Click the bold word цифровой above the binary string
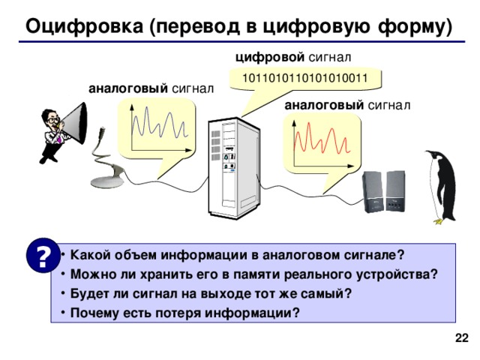(269, 56)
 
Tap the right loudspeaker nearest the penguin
(395, 192)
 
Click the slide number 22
(462, 340)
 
